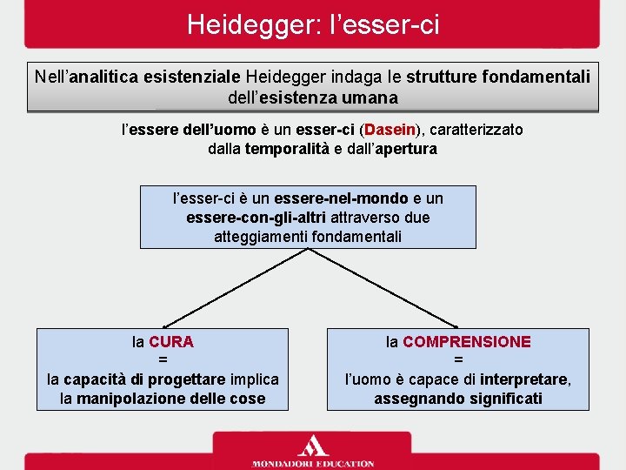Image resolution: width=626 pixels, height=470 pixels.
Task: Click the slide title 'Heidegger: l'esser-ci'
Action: pyautogui.click(x=313, y=23)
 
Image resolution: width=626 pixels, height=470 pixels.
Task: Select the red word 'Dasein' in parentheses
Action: pyautogui.click(x=390, y=130)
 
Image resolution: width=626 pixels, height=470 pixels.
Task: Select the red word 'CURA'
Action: pyautogui.click(x=171, y=342)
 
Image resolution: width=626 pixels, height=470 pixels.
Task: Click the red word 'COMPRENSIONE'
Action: pyautogui.click(x=466, y=342)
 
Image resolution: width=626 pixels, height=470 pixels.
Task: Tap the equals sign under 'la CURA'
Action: pyautogui.click(x=163, y=360)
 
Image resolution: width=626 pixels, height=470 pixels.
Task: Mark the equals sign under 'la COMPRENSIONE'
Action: pyautogui.click(x=458, y=360)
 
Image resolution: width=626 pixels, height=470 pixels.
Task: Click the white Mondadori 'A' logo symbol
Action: pyautogui.click(x=313, y=444)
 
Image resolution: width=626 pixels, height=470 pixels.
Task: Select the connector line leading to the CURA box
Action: pyautogui.click(x=235, y=288)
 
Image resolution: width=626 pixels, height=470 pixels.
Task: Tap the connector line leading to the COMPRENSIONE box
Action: pyautogui.click(x=383, y=288)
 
